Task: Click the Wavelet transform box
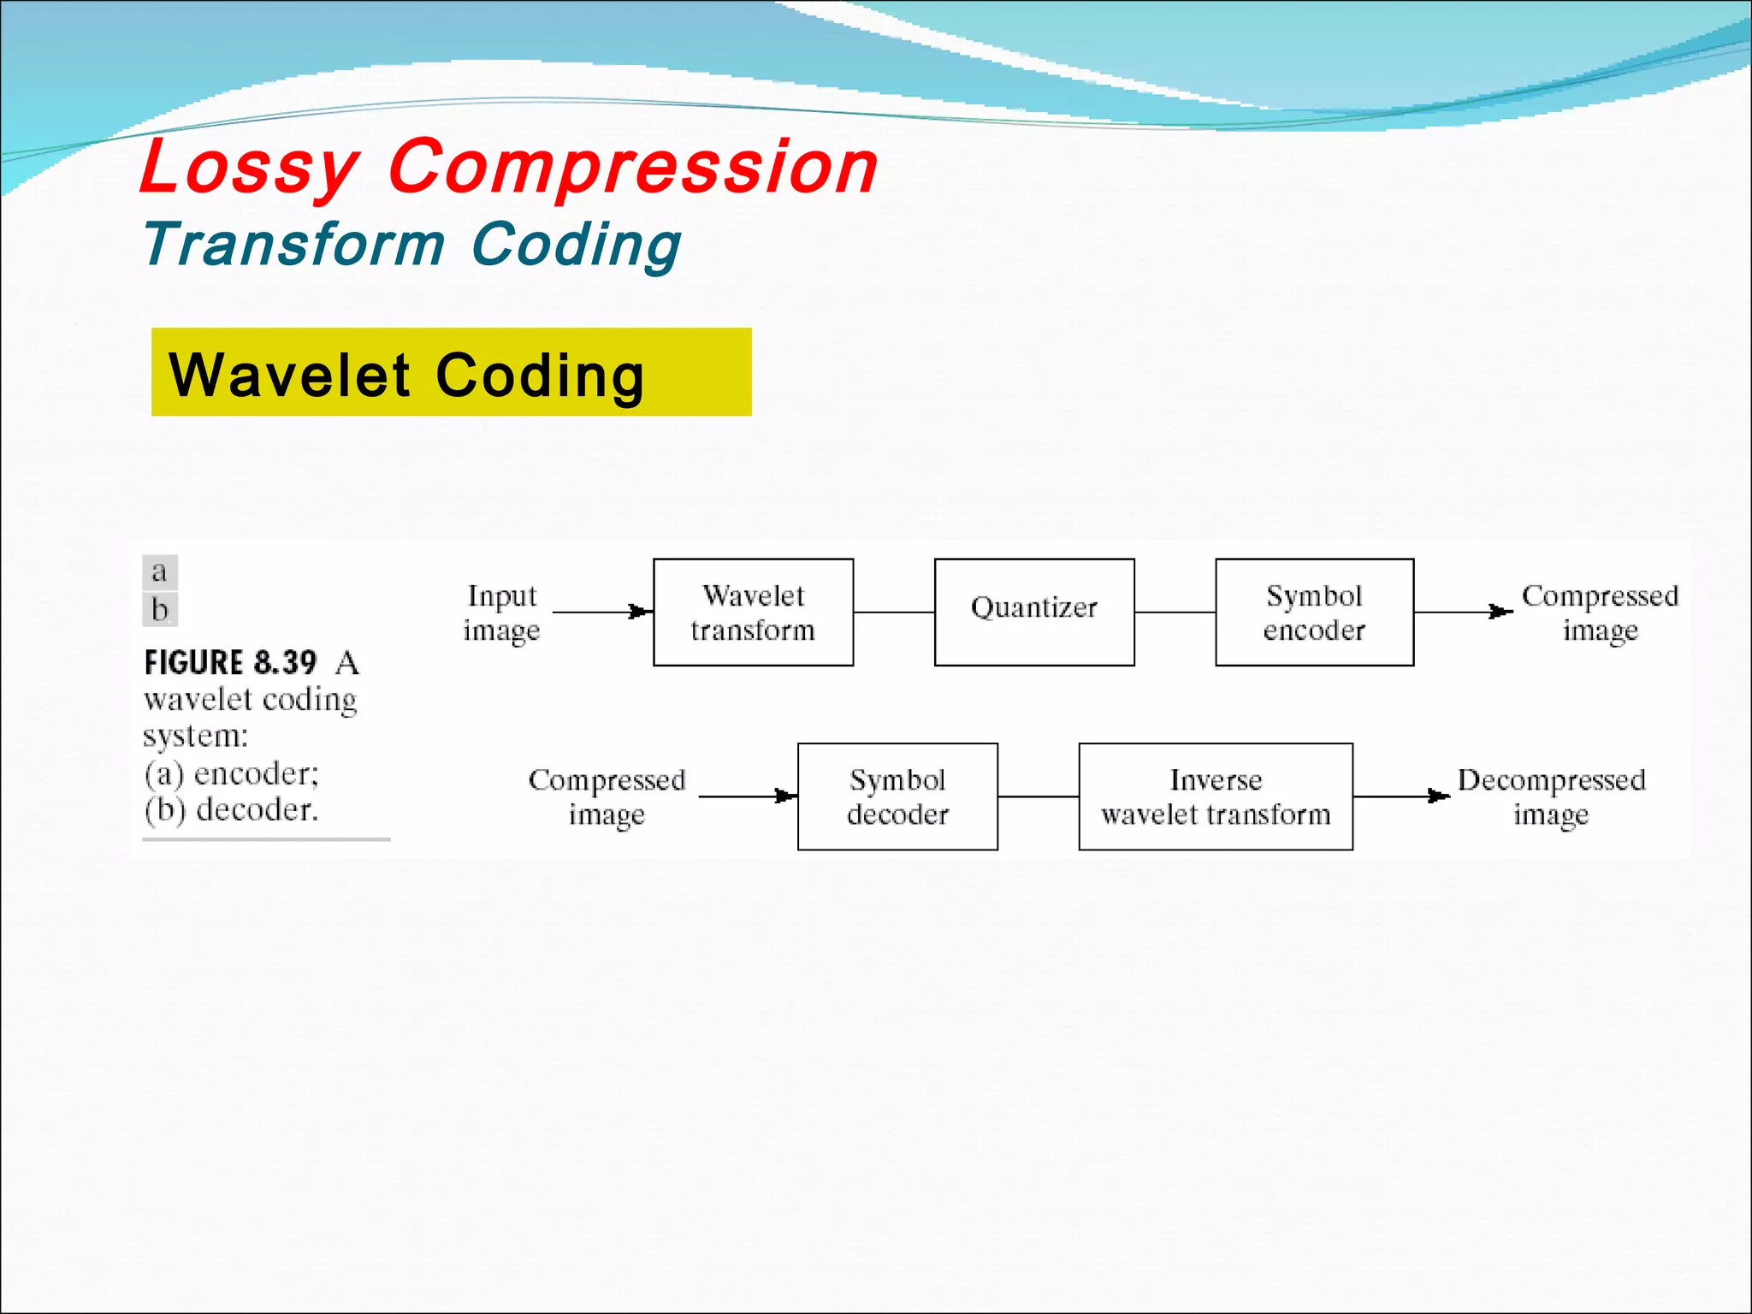tap(753, 613)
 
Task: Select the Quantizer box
tap(1034, 613)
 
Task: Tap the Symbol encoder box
tap(1314, 613)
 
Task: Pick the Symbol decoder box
tap(897, 796)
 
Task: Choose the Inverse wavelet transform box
tap(1216, 796)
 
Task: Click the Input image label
tap(501, 613)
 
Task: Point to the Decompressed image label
tap(1551, 796)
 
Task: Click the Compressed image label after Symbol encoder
tap(1600, 613)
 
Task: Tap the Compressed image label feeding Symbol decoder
tap(607, 796)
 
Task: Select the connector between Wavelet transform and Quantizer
tap(894, 613)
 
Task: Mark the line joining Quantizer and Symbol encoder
tap(1175, 613)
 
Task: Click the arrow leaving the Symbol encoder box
tap(1463, 612)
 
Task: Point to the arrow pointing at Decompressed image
tap(1401, 796)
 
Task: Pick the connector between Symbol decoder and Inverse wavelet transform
tap(1038, 796)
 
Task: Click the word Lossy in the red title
tap(249, 168)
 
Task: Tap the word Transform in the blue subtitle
tap(293, 245)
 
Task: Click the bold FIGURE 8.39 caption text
tap(230, 663)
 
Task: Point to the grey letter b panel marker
tap(160, 610)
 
